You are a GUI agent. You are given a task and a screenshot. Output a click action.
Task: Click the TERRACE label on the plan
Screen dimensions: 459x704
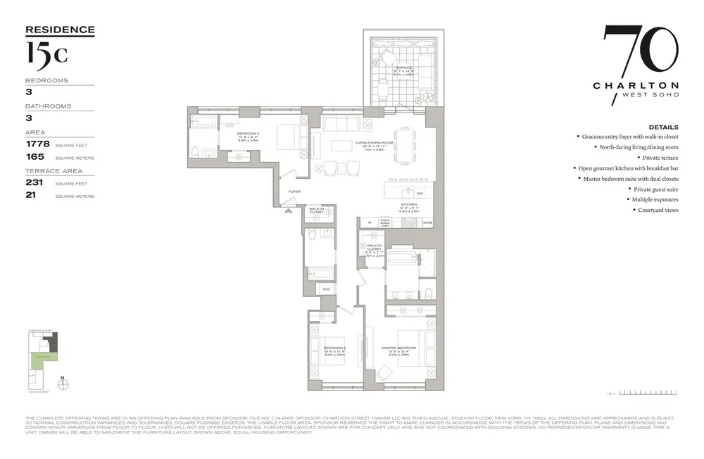pyautogui.click(x=403, y=68)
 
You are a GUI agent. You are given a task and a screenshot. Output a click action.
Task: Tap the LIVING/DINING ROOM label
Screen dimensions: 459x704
pyautogui.click(x=374, y=142)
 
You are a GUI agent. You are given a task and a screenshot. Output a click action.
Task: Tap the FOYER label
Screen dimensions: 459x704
pyautogui.click(x=294, y=191)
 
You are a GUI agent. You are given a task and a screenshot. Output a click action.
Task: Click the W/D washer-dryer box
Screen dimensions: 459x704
pyautogui.click(x=327, y=289)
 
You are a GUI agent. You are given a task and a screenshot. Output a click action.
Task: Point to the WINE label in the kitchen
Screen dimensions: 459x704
pyautogui.click(x=427, y=222)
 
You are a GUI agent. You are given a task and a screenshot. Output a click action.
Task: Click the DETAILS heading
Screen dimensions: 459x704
pyautogui.click(x=663, y=127)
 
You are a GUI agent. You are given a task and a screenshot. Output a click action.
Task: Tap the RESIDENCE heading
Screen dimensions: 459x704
pyautogui.click(x=60, y=30)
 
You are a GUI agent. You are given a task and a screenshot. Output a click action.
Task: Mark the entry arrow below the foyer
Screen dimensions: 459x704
pyautogui.click(x=287, y=210)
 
